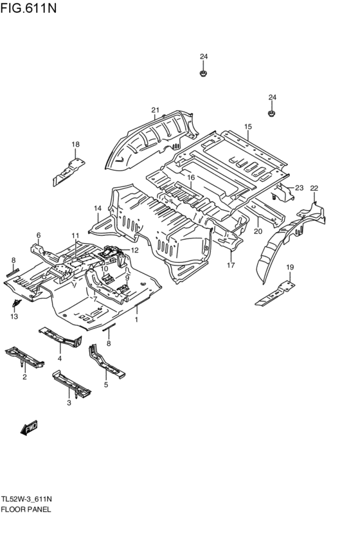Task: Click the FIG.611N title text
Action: [x=28, y=7]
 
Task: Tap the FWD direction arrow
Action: [x=29, y=428]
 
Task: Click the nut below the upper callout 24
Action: [x=203, y=74]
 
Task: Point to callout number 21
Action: [x=155, y=111]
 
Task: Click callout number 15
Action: [x=248, y=127]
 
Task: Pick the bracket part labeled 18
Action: [x=68, y=172]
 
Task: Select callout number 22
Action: [x=314, y=188]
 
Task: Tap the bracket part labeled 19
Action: [x=275, y=294]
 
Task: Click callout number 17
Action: [x=231, y=265]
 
